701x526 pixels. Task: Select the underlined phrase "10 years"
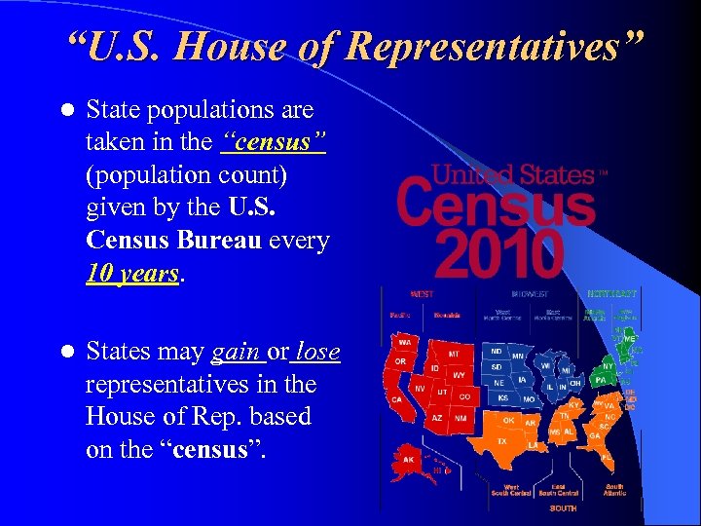pos(132,273)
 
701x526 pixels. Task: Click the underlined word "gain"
pos(235,352)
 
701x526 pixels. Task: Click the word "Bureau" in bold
pos(217,240)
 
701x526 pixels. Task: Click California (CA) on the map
pos(396,399)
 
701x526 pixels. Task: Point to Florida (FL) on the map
pos(607,456)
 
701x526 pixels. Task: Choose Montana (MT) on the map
pos(453,356)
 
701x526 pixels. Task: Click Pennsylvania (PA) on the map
pos(600,379)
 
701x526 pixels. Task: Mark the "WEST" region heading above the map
pos(423,293)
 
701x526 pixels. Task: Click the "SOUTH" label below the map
pos(563,507)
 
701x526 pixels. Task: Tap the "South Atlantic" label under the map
pos(614,490)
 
